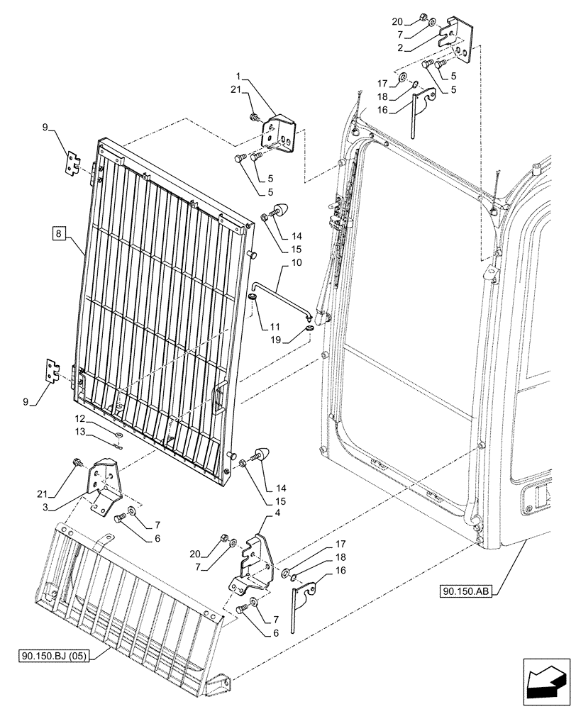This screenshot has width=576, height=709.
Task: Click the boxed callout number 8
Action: (57, 232)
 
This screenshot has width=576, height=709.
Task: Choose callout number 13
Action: (81, 432)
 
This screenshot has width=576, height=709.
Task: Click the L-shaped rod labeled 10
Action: (280, 290)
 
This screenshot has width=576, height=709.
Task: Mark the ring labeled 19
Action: (310, 329)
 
